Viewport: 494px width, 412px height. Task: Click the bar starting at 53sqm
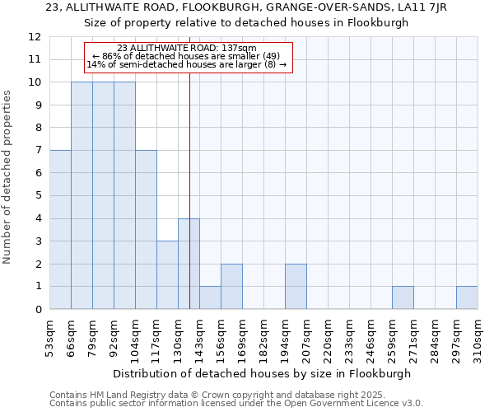(x=60, y=230)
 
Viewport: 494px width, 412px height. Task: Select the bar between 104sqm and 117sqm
(x=146, y=230)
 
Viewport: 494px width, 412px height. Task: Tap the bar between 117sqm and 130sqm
(x=167, y=275)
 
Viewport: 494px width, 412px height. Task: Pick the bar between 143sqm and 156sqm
(x=210, y=297)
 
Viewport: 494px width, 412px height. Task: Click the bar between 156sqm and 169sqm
(x=231, y=287)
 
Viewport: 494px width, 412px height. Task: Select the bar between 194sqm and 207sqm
(x=296, y=287)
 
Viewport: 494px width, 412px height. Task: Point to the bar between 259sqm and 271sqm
(x=403, y=297)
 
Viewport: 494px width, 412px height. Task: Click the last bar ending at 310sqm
(x=467, y=297)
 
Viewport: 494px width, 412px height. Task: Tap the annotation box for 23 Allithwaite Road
(x=188, y=56)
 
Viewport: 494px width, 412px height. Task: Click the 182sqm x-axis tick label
(x=263, y=338)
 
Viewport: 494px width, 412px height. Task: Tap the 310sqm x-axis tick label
(x=478, y=338)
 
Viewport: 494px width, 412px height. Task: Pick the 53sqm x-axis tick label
(x=49, y=338)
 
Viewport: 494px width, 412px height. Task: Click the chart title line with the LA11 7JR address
(x=247, y=7)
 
